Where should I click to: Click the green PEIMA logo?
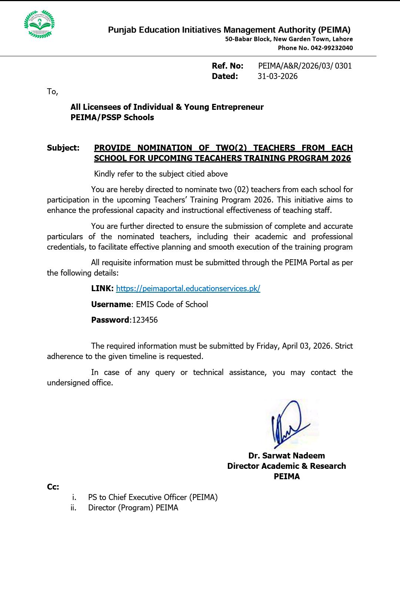(x=39, y=24)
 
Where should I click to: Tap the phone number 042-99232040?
(x=331, y=48)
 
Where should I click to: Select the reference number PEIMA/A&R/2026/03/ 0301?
(x=305, y=66)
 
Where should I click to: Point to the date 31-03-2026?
(x=277, y=76)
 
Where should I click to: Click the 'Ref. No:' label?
(x=227, y=66)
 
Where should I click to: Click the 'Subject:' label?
(x=63, y=148)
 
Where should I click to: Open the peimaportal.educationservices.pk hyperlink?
(x=188, y=289)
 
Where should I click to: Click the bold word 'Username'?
(x=111, y=305)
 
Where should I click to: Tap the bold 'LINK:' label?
(x=102, y=289)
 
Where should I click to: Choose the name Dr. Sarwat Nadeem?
(x=286, y=456)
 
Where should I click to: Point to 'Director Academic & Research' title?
(x=286, y=466)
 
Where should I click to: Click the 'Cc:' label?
(x=53, y=487)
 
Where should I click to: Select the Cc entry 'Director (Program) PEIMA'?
(x=133, y=508)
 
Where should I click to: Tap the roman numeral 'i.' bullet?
(x=74, y=497)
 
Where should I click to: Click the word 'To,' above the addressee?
(x=52, y=92)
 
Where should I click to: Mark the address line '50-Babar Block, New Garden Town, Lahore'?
(x=289, y=39)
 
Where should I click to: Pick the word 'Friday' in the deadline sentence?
(x=267, y=346)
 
